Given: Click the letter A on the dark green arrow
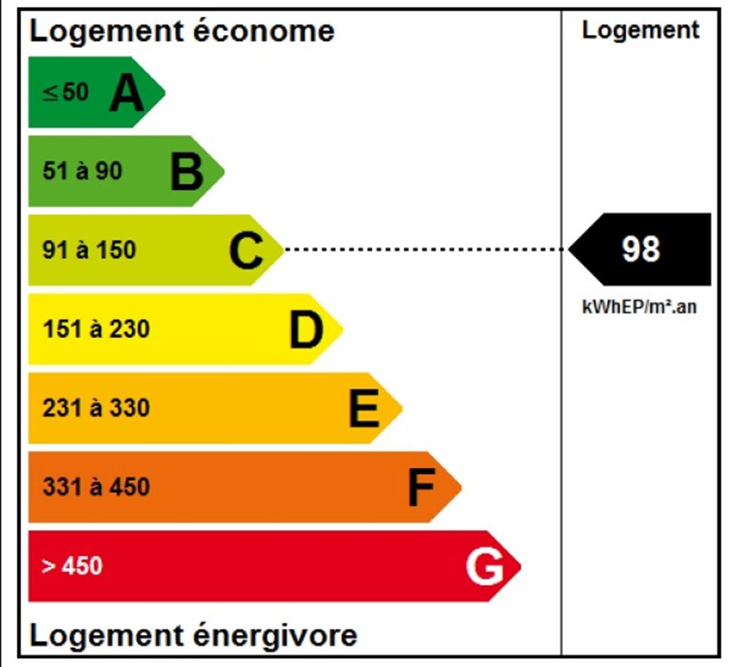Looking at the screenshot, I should [x=127, y=93].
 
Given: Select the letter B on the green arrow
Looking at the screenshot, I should [x=186, y=171].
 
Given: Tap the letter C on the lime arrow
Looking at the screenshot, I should [x=246, y=250].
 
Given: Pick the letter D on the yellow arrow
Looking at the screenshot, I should [x=306, y=329].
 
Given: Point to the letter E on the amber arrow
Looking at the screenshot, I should [x=364, y=408].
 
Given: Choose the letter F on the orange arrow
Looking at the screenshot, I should [x=421, y=487].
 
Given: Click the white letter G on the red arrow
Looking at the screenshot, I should [x=485, y=566].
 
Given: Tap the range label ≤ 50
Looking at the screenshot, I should [x=66, y=93].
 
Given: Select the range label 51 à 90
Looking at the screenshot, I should [x=82, y=171].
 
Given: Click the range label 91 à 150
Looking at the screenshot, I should [x=89, y=250].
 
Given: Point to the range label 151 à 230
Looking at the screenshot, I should [x=96, y=329].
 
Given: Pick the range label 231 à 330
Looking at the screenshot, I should [x=96, y=408].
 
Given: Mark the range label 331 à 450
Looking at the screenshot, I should [x=96, y=487].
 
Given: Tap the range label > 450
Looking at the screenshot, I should [x=72, y=566].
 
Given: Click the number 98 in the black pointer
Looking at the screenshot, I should [x=641, y=249].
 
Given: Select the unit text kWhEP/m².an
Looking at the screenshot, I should [x=639, y=306].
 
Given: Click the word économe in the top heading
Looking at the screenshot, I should [x=264, y=31].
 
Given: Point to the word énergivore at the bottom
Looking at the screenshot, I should [x=275, y=636].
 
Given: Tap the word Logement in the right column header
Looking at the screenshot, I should [x=641, y=30].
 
